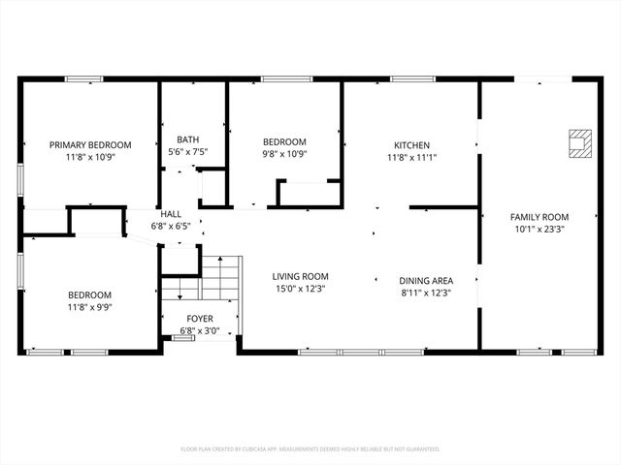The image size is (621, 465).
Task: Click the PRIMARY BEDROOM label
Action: (x=90, y=144)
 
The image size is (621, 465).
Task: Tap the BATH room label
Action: (x=188, y=139)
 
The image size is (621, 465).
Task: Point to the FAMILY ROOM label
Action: (x=541, y=217)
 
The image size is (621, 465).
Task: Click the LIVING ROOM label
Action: (x=300, y=276)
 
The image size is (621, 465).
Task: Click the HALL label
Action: (x=171, y=214)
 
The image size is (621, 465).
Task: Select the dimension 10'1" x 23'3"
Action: (x=541, y=230)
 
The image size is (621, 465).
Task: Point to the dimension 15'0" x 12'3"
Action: (x=300, y=289)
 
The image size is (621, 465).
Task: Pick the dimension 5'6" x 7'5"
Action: (x=188, y=151)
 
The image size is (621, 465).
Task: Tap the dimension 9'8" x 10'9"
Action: (x=284, y=153)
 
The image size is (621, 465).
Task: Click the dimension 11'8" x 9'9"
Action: (x=89, y=307)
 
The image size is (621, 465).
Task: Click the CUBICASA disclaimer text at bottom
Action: (x=310, y=449)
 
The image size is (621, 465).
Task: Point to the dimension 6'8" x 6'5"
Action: (x=171, y=226)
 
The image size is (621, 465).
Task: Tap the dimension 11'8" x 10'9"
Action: (x=90, y=157)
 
